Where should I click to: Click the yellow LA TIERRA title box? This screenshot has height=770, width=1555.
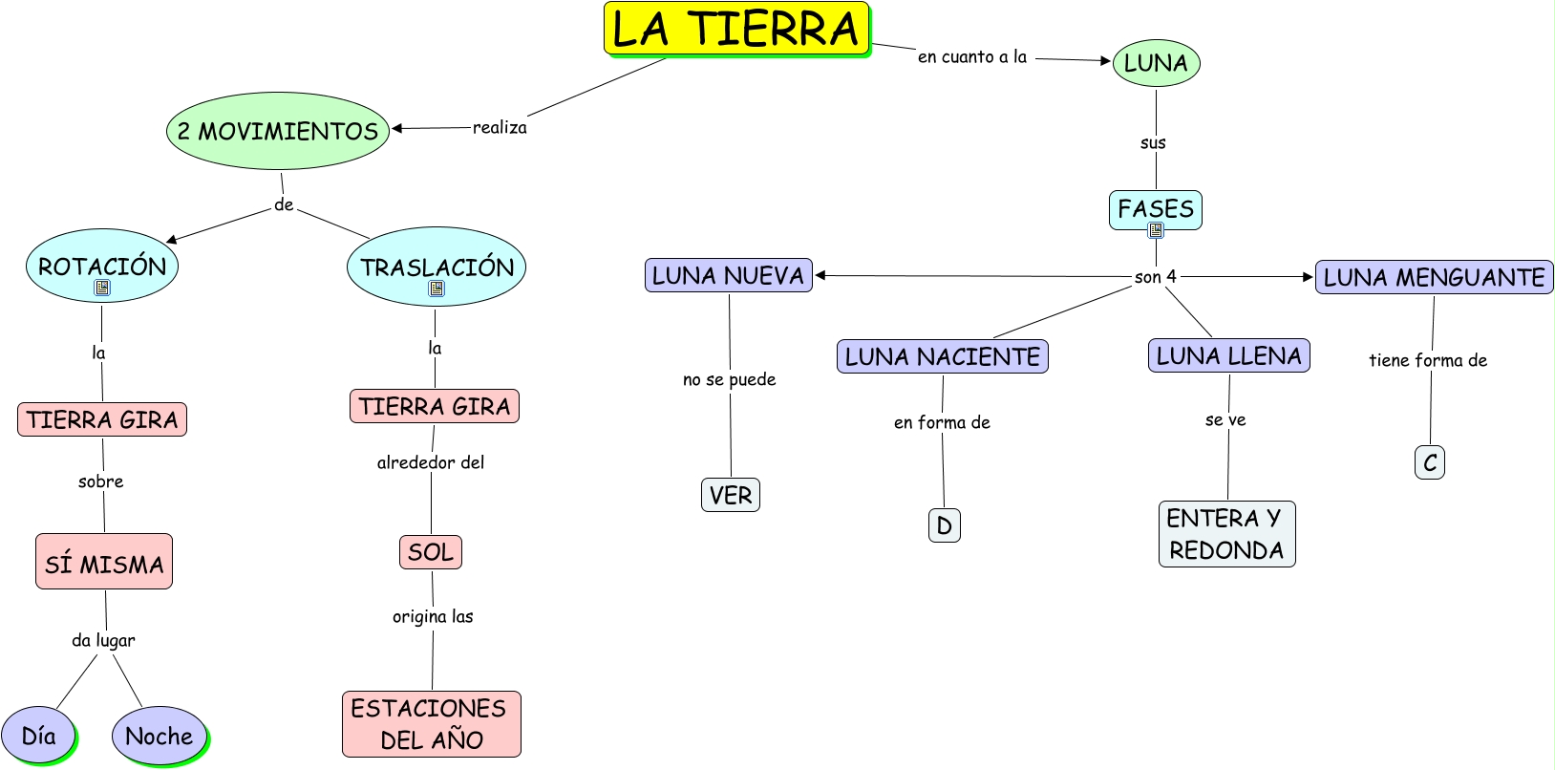[736, 29]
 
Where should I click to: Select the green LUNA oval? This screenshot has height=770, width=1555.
[1156, 62]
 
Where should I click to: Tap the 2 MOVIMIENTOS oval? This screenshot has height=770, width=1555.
[278, 131]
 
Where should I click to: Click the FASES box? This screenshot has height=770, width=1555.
[1155, 209]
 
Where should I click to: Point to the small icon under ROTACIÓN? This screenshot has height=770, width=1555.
[102, 288]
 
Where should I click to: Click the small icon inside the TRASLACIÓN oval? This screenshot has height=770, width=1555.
[437, 289]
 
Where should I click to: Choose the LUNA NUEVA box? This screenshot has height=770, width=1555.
[728, 276]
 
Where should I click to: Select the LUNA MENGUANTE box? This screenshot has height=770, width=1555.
[1435, 277]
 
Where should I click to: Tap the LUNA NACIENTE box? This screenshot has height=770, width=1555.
[942, 356]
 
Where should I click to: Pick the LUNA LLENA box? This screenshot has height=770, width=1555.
[1228, 355]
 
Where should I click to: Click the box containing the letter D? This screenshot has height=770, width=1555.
[944, 524]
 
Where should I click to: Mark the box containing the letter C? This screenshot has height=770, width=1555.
[1429, 462]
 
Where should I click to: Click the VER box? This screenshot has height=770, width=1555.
[731, 495]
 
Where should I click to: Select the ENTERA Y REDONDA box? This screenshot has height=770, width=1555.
[1226, 534]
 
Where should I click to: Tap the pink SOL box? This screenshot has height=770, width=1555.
[431, 552]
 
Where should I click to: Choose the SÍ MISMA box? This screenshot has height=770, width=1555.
[104, 562]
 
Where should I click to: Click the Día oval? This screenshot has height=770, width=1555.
[39, 736]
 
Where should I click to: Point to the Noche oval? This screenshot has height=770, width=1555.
[159, 736]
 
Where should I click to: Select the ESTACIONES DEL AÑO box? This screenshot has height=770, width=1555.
[431, 724]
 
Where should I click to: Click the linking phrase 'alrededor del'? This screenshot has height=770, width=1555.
[431, 462]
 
